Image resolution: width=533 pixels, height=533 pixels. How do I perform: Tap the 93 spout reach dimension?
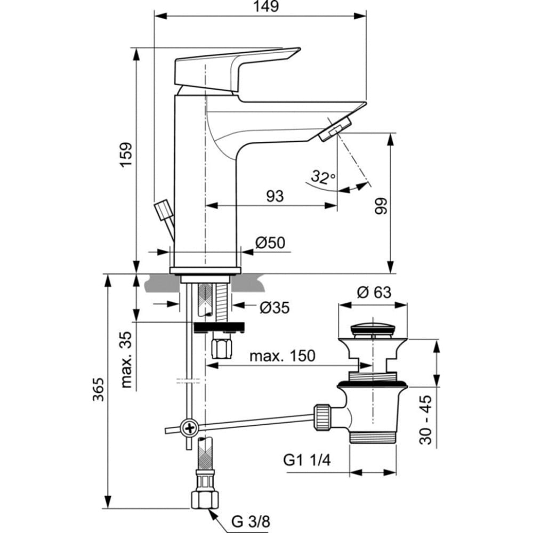[x=274, y=196]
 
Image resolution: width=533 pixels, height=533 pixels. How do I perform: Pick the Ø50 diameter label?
[x=270, y=243]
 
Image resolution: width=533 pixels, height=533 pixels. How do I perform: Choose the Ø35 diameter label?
[x=274, y=308]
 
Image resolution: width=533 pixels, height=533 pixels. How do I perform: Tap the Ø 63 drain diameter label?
[x=374, y=293]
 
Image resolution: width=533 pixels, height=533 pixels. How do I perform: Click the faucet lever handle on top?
[x=235, y=68]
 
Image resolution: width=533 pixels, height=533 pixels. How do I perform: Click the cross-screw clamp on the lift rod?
[x=189, y=427]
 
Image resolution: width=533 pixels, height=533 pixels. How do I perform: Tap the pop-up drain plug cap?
[x=374, y=326]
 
